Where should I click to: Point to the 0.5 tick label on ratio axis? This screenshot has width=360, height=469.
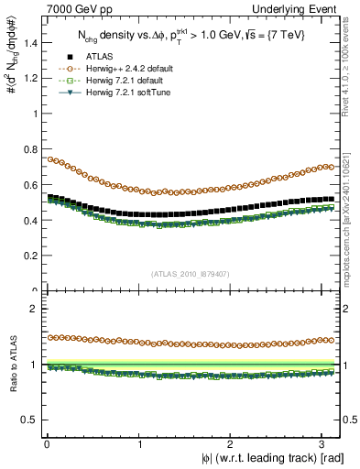[x=27, y=420]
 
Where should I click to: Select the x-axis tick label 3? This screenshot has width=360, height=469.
[x=322, y=442]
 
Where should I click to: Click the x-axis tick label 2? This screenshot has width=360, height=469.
[x=231, y=442]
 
